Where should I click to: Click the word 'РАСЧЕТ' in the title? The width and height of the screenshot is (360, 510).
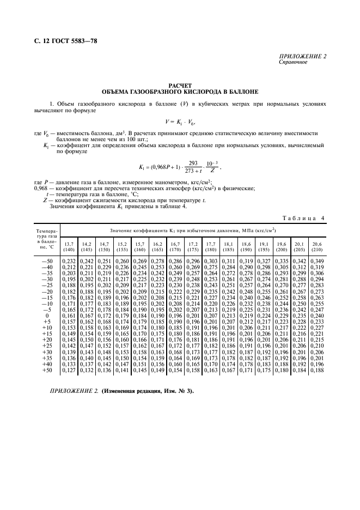[x=180, y=86]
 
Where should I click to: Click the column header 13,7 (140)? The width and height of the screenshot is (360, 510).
[x=69, y=247]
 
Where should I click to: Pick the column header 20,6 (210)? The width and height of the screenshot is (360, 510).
[x=316, y=247]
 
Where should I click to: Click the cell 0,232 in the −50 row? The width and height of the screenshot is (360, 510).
[x=69, y=262]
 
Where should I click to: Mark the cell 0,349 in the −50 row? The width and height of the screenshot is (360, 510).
[x=316, y=262]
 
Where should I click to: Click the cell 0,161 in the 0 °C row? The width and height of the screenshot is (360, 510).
[x=69, y=315]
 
